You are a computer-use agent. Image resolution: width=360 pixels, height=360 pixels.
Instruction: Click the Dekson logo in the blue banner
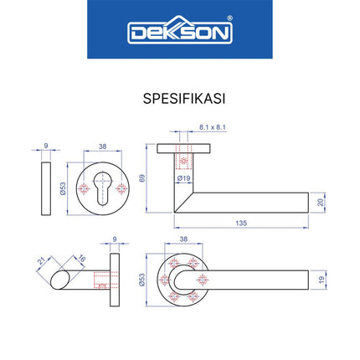click(179, 32)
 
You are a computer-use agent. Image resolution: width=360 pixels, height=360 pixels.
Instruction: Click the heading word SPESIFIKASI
click(179, 96)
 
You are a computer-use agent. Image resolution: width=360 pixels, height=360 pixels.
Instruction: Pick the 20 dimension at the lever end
click(321, 202)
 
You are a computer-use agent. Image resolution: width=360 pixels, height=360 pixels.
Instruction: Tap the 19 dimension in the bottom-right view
click(321, 280)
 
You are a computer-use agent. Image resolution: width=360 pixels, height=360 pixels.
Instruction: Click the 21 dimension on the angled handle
click(39, 265)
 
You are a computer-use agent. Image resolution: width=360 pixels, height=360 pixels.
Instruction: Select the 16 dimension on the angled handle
click(80, 258)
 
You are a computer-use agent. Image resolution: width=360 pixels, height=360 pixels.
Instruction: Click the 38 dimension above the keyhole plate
click(102, 147)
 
